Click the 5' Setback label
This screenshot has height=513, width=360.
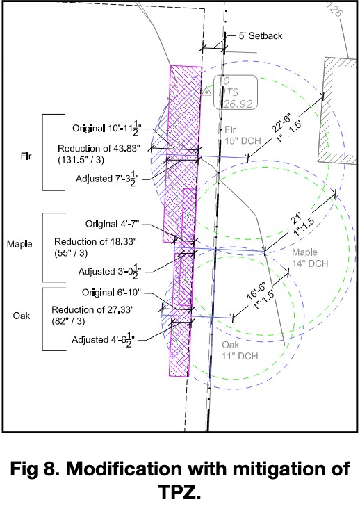(261, 35)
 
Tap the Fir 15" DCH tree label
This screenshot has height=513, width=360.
(243, 135)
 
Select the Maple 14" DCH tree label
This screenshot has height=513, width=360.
(310, 258)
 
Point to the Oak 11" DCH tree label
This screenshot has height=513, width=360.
(240, 350)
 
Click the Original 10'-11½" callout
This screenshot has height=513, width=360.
(107, 128)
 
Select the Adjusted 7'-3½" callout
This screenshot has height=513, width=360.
(108, 179)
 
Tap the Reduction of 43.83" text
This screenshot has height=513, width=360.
(99, 149)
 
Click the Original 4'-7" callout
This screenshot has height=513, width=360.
(113, 224)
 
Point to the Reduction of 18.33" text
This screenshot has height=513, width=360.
(95, 242)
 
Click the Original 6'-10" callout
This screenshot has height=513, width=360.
(111, 292)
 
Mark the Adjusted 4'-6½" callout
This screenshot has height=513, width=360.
(104, 340)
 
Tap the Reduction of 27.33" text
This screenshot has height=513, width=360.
(93, 309)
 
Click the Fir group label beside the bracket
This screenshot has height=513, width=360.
(26, 156)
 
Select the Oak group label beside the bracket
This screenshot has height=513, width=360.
(22, 316)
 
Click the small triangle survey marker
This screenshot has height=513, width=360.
(206, 91)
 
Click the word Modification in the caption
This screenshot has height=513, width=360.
(124, 469)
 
